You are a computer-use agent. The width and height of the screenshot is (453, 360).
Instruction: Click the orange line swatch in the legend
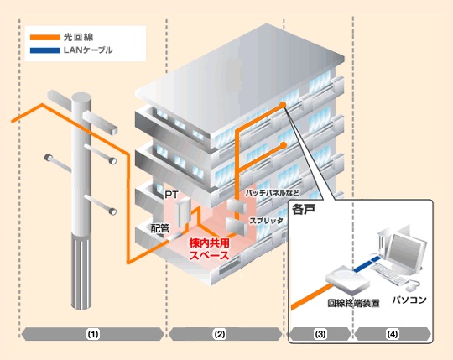45,38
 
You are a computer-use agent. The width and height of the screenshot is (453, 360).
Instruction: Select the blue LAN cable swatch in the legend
45,50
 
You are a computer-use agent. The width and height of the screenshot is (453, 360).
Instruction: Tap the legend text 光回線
79,37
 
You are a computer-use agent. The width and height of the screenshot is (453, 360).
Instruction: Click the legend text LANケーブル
88,50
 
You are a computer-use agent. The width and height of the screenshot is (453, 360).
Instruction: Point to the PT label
172,195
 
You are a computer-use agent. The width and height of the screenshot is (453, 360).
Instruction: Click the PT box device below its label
182,213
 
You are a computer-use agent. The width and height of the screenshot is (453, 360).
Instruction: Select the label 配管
160,228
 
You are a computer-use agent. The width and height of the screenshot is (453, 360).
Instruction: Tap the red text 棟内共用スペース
209,248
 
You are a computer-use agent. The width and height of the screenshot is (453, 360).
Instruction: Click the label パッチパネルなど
272,193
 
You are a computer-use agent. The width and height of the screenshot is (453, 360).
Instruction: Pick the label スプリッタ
266,221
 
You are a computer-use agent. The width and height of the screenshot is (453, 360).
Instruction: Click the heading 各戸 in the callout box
303,210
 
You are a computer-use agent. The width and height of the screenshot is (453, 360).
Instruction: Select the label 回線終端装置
353,303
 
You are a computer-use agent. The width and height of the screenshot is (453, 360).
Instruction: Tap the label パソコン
409,300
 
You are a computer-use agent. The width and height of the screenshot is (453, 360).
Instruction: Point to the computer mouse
411,287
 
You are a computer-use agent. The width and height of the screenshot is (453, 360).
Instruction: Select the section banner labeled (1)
93,334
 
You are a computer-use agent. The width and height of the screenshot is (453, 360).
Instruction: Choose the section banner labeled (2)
226,334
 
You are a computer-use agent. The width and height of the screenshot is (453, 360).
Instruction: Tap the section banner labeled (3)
320,334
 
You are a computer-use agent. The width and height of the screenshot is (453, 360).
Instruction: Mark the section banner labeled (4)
392,334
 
